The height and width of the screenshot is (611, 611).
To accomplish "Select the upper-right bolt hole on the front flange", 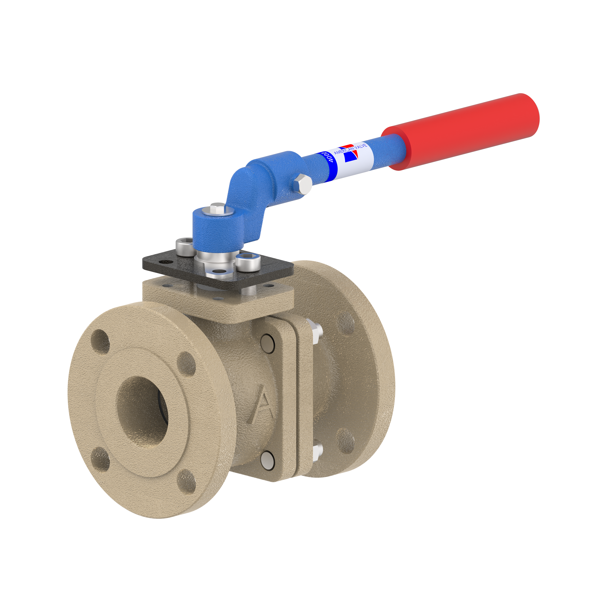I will pyautogui.click(x=186, y=364).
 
